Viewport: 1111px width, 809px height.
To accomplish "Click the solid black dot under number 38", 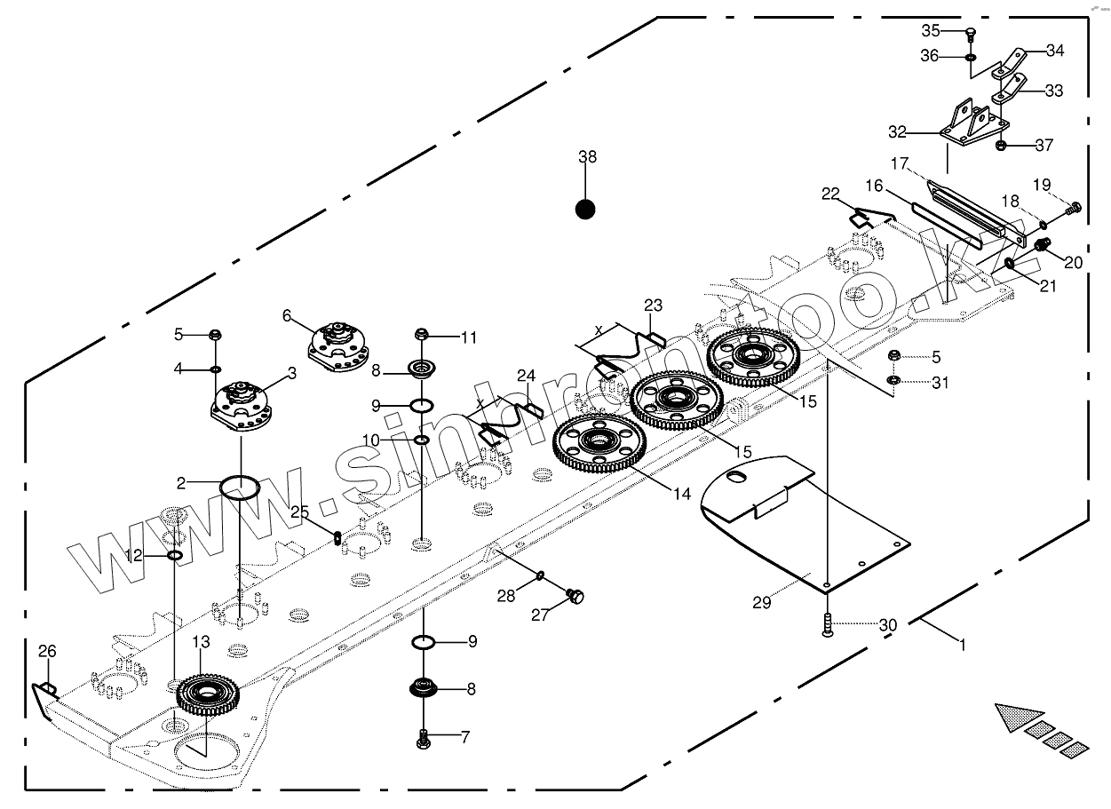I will coord(584,210).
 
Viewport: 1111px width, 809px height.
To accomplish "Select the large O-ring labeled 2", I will coord(240,487).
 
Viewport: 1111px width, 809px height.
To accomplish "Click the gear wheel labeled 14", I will coord(598,441).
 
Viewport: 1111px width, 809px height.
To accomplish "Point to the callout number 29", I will coord(761,603).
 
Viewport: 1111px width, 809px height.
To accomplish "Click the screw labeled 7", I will coord(424,736).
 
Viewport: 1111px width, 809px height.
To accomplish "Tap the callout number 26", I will coord(46,652).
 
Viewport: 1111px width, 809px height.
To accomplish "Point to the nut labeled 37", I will coord(1000,145).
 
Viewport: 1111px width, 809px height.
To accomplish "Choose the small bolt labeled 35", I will coord(970,35).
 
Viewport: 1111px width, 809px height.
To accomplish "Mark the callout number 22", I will coord(830,194).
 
